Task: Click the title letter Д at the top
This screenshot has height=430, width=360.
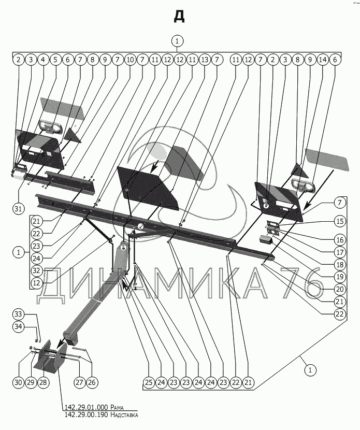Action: click(x=179, y=17)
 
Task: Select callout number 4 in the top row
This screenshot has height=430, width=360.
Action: click(x=43, y=60)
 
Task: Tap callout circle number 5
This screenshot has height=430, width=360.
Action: click(x=55, y=60)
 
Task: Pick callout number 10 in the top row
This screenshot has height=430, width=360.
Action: click(x=129, y=60)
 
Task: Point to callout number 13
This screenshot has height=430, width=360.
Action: click(x=204, y=60)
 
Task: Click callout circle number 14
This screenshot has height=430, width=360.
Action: click(x=323, y=60)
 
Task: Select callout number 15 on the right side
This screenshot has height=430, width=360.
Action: click(x=339, y=221)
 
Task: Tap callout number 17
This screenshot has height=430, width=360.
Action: click(x=339, y=253)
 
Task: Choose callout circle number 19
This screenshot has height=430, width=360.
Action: click(x=339, y=277)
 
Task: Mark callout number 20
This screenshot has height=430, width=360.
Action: click(x=339, y=289)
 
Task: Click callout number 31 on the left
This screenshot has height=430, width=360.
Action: click(x=19, y=209)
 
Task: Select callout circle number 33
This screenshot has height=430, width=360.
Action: click(x=18, y=314)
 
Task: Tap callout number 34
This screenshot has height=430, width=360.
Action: click(x=18, y=326)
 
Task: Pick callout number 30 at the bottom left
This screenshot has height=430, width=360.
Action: click(x=18, y=383)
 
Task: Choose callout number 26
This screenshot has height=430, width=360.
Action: click(x=92, y=383)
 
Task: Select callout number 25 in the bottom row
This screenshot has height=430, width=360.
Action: click(x=149, y=383)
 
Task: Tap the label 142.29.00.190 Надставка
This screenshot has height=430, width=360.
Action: click(x=101, y=414)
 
